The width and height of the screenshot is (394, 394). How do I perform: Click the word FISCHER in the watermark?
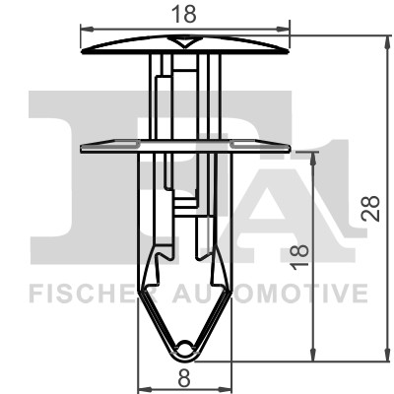point(75,293)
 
